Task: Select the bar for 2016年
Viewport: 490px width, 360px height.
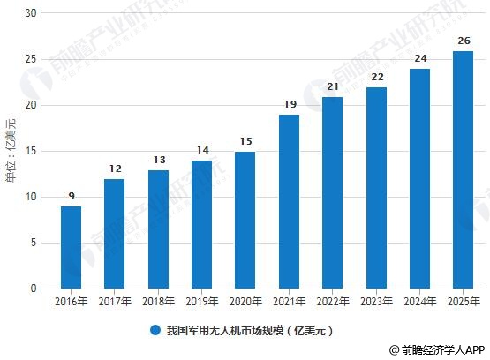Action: (x=71, y=247)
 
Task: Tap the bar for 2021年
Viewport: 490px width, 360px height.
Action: (x=289, y=201)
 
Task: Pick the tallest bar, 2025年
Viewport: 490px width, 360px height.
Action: (x=463, y=169)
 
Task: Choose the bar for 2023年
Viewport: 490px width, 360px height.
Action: (x=376, y=187)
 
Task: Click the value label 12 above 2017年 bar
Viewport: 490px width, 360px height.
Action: (x=115, y=169)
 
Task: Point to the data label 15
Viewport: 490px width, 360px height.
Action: (x=245, y=141)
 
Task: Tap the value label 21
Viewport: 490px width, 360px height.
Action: (x=333, y=86)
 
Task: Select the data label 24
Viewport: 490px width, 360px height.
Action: (x=419, y=59)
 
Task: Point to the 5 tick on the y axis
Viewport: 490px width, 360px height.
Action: (x=34, y=243)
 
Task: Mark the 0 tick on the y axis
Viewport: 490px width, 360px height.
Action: (x=34, y=289)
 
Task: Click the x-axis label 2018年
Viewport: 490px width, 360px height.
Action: (x=158, y=302)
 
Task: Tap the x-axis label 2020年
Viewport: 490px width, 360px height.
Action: (x=245, y=302)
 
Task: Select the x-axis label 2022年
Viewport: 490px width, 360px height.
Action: (x=333, y=302)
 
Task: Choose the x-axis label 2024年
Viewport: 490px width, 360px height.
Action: (x=419, y=302)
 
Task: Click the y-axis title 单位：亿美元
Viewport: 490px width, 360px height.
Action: (x=11, y=151)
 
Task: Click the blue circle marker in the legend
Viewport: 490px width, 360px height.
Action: (x=155, y=330)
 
